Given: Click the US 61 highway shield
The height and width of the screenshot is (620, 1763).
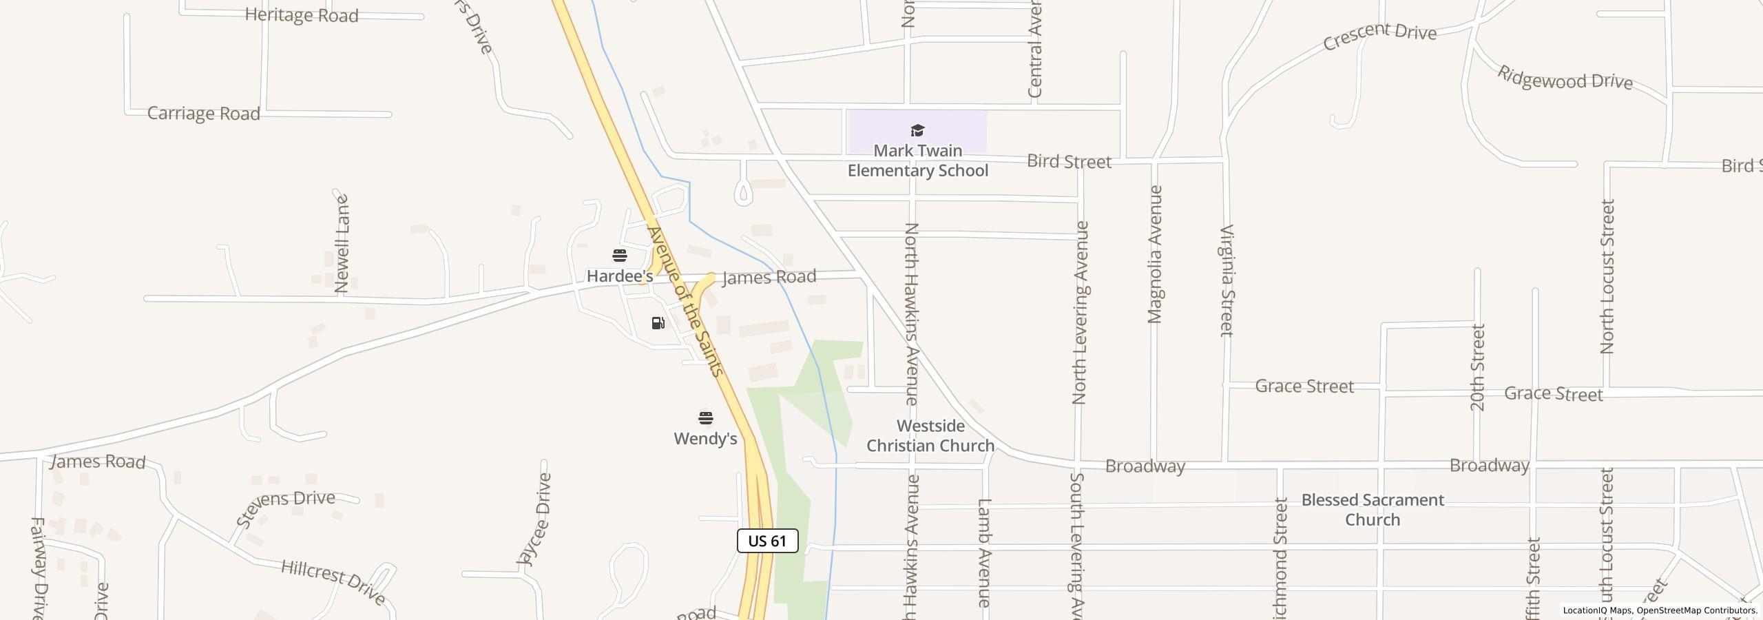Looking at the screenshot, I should [x=767, y=541].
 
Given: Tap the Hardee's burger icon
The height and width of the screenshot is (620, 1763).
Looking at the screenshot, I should [x=620, y=256].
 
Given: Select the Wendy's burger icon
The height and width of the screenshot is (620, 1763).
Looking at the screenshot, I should [x=705, y=418].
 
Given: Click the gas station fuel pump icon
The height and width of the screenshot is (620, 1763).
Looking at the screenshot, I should [x=658, y=323].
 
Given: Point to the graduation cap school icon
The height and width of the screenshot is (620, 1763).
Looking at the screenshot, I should [x=917, y=131].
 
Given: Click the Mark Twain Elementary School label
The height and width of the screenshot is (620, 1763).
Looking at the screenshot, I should [x=917, y=161].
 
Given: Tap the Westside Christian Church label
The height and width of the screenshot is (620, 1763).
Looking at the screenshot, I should [x=930, y=435].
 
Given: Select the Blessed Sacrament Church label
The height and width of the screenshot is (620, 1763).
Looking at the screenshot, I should [x=1372, y=510].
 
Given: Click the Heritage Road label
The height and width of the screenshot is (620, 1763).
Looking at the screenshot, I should [x=302, y=15].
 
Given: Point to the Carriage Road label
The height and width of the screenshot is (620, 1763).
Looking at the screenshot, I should [x=204, y=114].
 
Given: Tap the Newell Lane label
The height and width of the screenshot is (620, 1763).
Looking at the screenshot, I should [x=342, y=244].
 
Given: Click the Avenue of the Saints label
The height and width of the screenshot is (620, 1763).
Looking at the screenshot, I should [x=685, y=302].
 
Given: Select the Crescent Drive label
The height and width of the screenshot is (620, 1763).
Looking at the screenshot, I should [x=1379, y=36].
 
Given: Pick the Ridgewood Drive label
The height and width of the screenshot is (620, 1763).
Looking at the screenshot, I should [x=1565, y=79].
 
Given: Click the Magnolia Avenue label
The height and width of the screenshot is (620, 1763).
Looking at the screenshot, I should [x=1155, y=254].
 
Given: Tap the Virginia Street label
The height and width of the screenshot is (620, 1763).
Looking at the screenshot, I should [x=1227, y=280].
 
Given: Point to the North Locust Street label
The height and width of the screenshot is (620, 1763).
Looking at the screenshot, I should [x=1607, y=276].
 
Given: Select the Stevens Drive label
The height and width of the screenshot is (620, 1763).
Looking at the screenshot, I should [x=286, y=506].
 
